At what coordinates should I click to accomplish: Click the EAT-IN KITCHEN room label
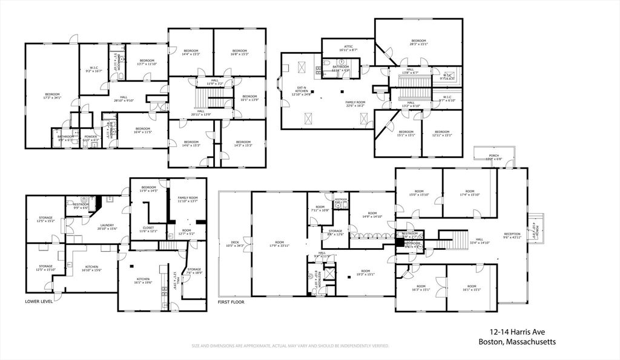click(300, 90)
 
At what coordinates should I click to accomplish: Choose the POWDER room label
click(90, 136)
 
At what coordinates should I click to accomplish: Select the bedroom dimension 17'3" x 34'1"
click(53, 98)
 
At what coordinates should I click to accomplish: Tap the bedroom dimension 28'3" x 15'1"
click(418, 44)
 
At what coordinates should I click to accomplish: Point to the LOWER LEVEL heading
click(39, 301)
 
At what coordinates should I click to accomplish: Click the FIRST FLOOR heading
click(231, 301)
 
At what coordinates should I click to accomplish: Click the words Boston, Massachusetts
click(517, 342)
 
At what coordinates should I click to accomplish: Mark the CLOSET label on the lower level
click(148, 227)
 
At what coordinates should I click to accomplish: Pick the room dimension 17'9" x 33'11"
click(279, 246)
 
